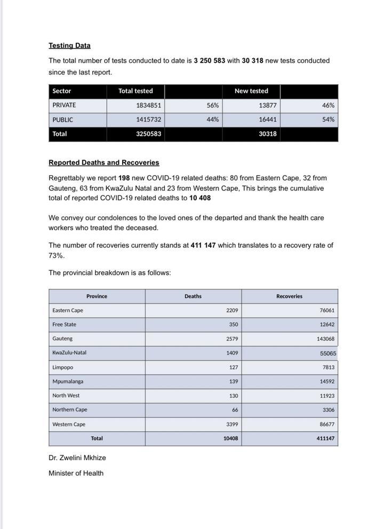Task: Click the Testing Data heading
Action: click(69, 46)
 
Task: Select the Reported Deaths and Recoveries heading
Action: click(103, 162)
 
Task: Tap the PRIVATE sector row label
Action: click(64, 105)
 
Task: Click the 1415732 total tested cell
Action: click(148, 120)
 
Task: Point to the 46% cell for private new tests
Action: click(328, 105)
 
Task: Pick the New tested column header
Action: click(251, 91)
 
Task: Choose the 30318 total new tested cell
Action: click(267, 134)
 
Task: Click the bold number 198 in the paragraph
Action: click(124, 178)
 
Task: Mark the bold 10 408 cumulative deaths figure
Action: click(200, 198)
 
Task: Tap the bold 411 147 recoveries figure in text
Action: click(203, 246)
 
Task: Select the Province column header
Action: click(97, 296)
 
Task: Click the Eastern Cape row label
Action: click(68, 311)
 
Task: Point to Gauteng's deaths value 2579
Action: click(232, 339)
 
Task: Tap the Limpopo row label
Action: click(63, 368)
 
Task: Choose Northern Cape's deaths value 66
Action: click(235, 410)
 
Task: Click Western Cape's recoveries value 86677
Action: click(325, 425)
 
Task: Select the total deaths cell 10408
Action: click(230, 439)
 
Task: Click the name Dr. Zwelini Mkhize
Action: click(77, 458)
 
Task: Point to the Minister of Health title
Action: click(76, 473)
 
